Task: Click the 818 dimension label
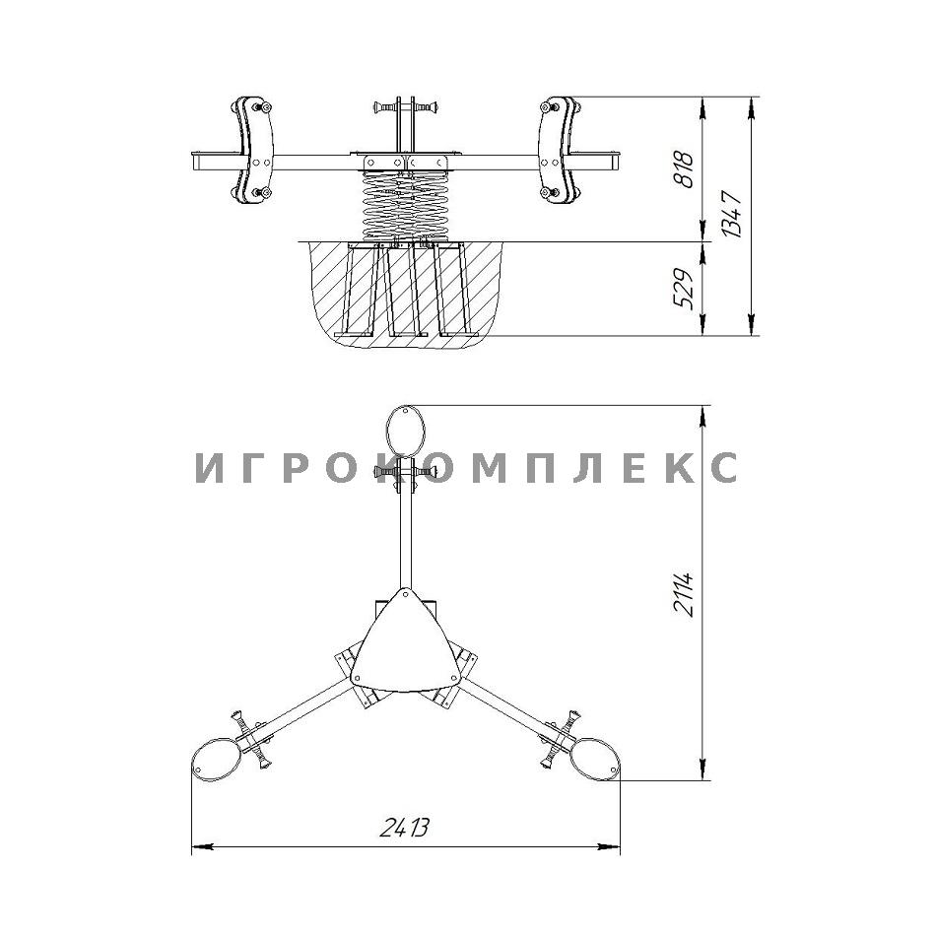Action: click(x=684, y=170)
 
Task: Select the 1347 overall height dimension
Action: click(x=732, y=215)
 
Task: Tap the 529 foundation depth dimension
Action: click(x=684, y=289)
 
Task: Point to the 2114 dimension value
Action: click(x=684, y=593)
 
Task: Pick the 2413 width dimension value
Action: click(x=405, y=827)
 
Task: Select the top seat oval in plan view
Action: click(x=405, y=431)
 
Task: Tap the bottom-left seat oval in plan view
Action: click(x=216, y=760)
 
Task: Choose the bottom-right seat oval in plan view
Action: click(x=595, y=760)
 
